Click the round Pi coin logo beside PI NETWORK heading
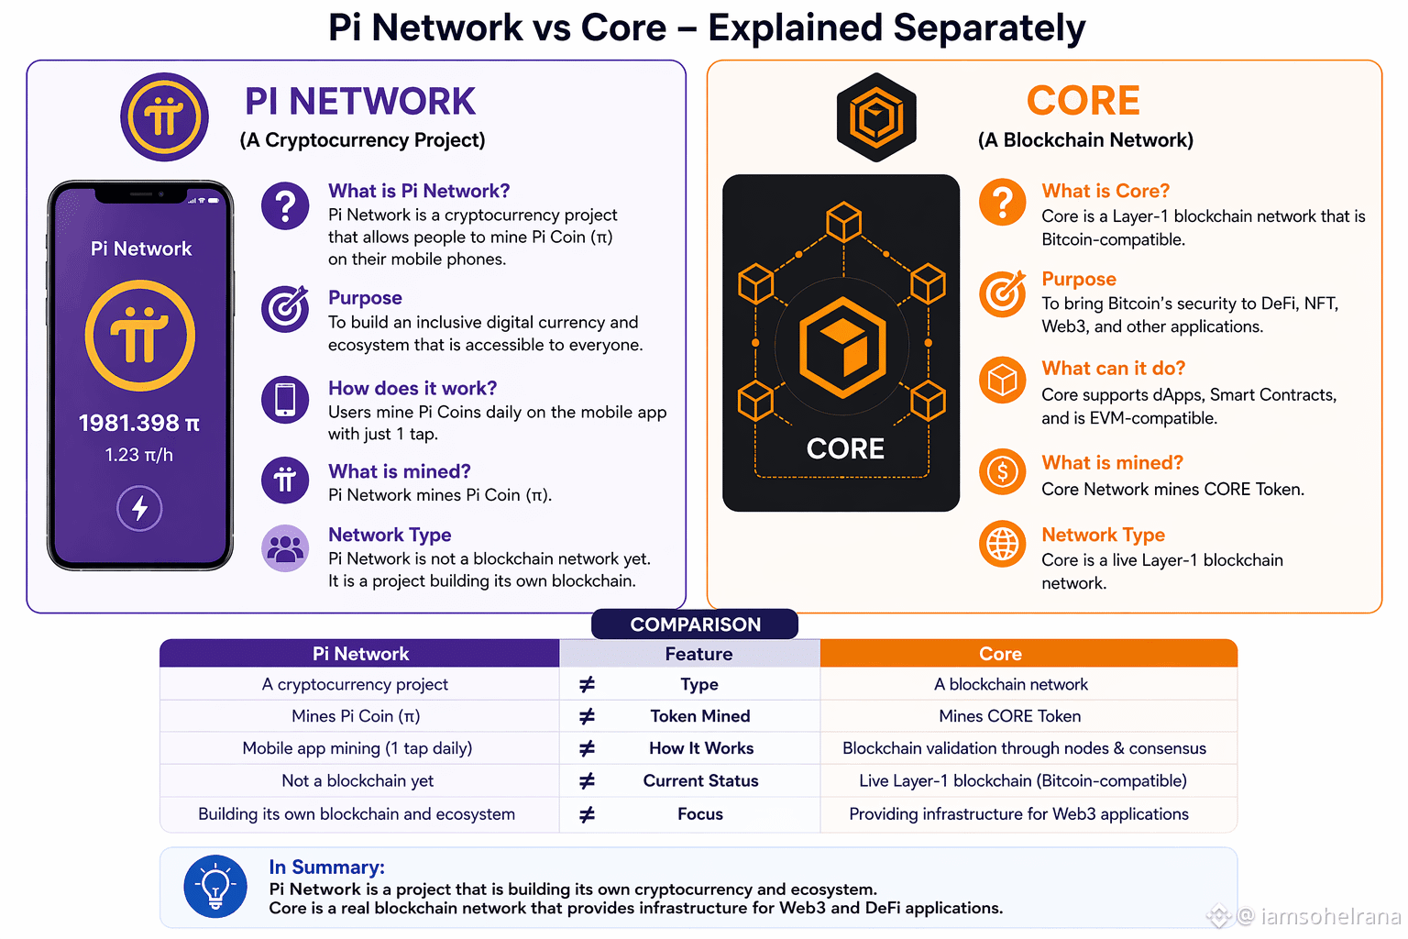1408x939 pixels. (164, 117)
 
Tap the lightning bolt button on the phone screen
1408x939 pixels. (139, 508)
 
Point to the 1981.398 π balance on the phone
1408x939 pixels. (139, 424)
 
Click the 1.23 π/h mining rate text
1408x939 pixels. (139, 455)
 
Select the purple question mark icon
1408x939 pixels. (285, 205)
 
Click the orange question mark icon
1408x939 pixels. (1003, 203)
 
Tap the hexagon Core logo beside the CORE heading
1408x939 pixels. (876, 117)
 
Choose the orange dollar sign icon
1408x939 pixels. (1003, 471)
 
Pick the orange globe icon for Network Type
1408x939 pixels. (1003, 544)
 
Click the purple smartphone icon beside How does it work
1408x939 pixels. (285, 400)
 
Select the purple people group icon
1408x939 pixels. (285, 548)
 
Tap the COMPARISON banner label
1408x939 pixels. (695, 624)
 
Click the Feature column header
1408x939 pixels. (699, 654)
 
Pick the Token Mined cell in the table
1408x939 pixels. (700, 716)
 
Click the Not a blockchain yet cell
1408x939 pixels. (357, 780)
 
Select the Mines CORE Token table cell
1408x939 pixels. (1010, 716)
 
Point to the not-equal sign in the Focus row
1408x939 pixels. (587, 814)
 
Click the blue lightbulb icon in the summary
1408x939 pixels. (215, 886)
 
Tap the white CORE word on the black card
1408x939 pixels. (845, 449)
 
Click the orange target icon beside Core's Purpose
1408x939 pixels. (1003, 293)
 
